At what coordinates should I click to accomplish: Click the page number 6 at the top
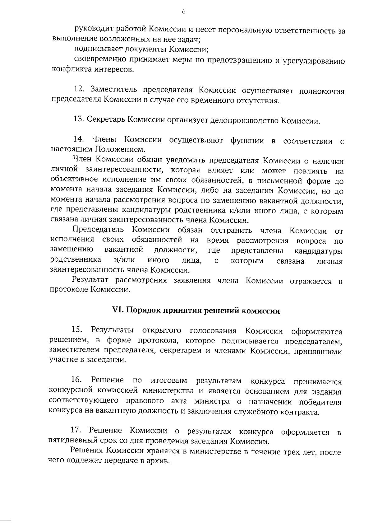tap(183, 12)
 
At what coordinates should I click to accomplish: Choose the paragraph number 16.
tap(76, 380)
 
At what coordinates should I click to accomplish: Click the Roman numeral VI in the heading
tap(118, 311)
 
